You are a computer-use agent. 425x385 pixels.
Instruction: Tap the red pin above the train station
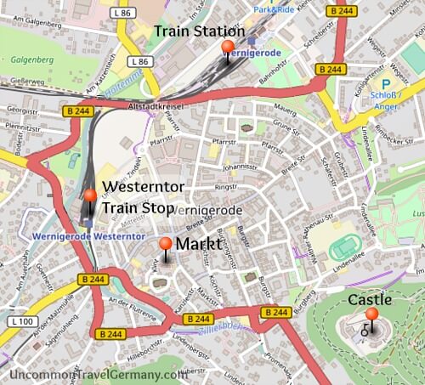227,48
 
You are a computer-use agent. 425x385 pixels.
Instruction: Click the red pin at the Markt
166,246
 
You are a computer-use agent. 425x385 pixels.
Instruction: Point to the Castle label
370,300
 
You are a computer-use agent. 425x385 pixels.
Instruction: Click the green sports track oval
344,247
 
